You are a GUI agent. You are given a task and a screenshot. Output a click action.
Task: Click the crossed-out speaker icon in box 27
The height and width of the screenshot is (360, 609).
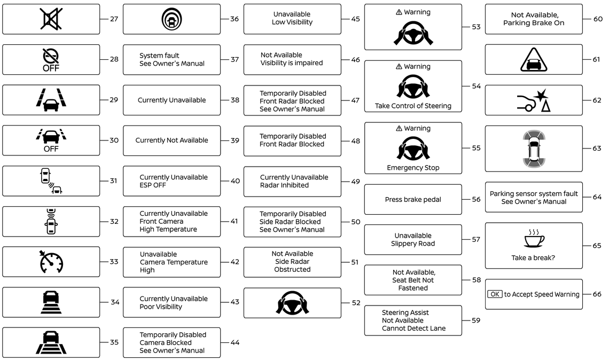[x=51, y=19]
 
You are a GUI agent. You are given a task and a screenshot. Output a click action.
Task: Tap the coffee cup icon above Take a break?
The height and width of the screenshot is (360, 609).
[x=534, y=239]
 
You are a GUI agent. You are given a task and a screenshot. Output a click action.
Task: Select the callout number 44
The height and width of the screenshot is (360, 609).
[x=235, y=342]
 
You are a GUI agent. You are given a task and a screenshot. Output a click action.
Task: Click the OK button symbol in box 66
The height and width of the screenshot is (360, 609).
[x=495, y=294]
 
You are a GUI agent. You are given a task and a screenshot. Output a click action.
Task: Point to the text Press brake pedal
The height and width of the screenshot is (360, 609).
[x=413, y=200]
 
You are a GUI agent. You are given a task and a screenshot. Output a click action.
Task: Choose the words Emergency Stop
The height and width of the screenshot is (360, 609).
[x=413, y=168]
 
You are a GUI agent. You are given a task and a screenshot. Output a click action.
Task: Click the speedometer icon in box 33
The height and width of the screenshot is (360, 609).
[x=51, y=262]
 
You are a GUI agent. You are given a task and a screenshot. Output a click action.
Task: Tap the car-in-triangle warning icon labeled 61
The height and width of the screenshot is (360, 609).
[x=534, y=59]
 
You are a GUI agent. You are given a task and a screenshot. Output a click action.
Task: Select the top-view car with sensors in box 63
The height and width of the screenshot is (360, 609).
[x=534, y=148]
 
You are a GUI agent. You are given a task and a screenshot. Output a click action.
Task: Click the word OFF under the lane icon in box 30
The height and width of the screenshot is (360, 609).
[x=51, y=149]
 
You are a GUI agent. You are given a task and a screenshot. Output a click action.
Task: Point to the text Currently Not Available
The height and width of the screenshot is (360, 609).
[x=171, y=140]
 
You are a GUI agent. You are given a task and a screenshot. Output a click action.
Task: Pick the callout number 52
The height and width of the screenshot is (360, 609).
[x=356, y=303]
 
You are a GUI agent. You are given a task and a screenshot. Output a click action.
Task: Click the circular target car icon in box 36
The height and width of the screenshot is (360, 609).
[x=171, y=19]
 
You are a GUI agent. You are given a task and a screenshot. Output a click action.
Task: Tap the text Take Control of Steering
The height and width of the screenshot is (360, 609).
[x=413, y=106]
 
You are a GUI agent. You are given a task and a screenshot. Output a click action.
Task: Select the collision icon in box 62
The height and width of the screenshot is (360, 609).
[x=534, y=100]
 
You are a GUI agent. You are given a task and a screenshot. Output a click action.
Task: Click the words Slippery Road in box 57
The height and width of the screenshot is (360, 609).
[x=413, y=244]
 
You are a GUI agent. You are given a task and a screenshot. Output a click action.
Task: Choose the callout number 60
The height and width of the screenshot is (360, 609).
[x=597, y=19]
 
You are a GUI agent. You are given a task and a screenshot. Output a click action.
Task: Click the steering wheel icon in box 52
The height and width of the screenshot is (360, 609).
[x=292, y=303]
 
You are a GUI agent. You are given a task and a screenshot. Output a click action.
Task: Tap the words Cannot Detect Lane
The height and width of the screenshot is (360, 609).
[x=413, y=328]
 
